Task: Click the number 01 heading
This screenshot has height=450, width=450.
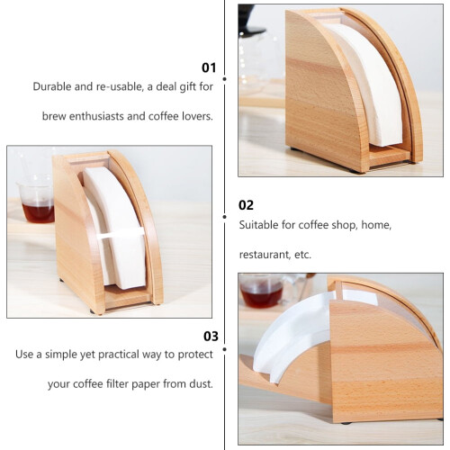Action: pyautogui.click(x=209, y=67)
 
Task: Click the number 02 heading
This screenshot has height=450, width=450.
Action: pyautogui.click(x=246, y=205)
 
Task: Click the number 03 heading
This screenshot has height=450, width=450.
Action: pyautogui.click(x=211, y=337)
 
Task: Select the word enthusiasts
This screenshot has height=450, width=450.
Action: pyautogui.click(x=96, y=116)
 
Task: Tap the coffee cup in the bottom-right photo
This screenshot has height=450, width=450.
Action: pyautogui.click(x=262, y=292)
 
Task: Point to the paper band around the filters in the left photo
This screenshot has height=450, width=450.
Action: pyautogui.click(x=121, y=233)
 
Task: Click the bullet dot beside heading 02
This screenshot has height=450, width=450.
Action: pyautogui.click(x=224, y=217)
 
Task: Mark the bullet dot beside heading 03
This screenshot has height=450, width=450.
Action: pyautogui.click(x=224, y=349)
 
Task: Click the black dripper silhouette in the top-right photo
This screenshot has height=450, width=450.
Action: pyautogui.click(x=250, y=21)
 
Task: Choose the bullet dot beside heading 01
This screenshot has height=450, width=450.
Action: pyautogui.click(x=224, y=79)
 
